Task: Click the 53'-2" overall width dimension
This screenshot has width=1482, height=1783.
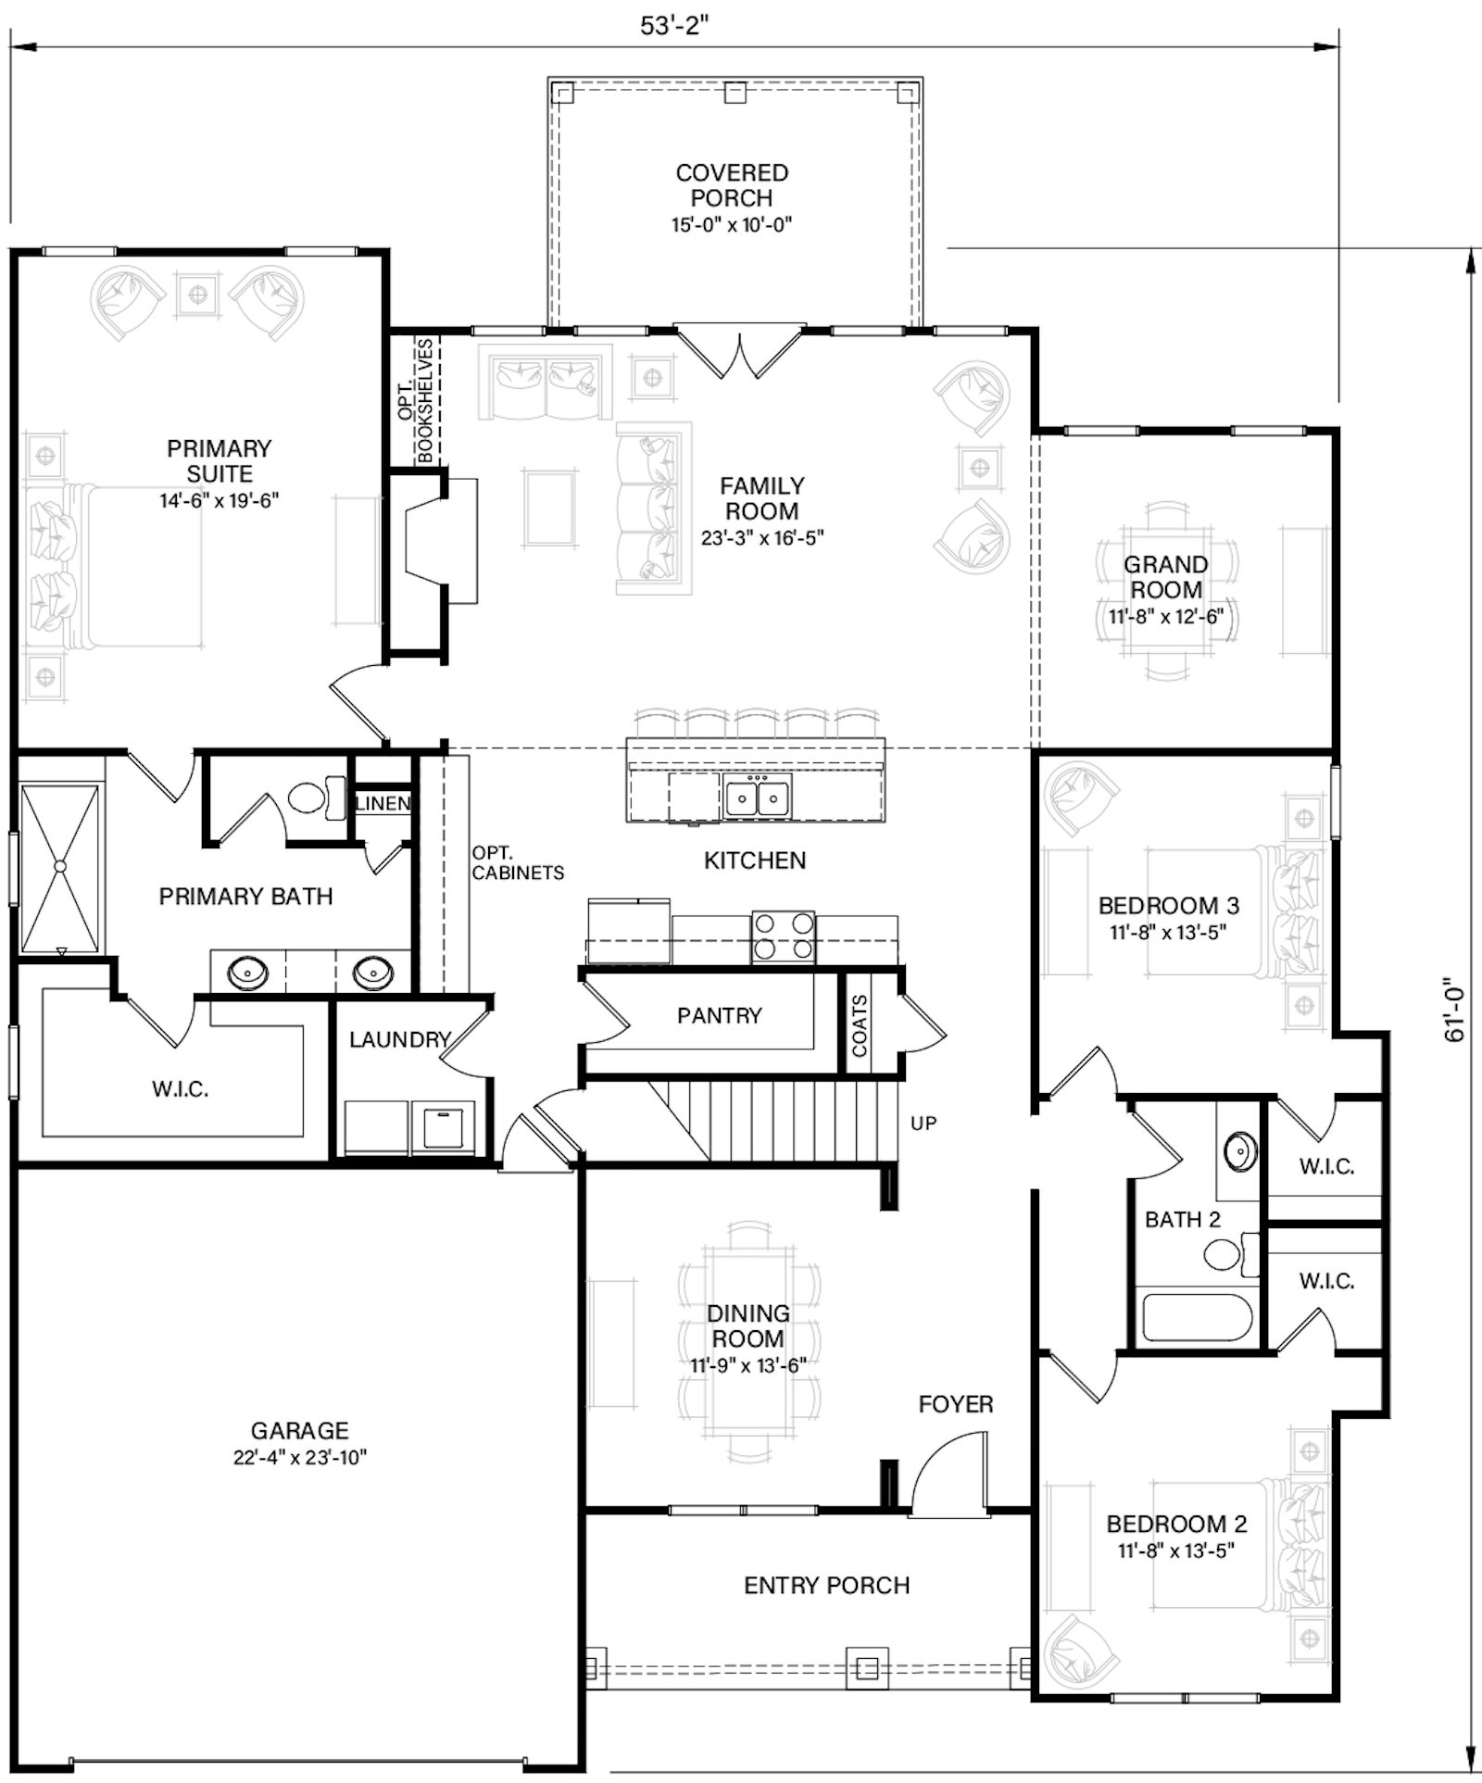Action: tap(674, 26)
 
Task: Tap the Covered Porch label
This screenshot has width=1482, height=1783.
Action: tap(732, 185)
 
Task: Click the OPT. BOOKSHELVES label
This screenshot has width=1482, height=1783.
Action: tap(416, 400)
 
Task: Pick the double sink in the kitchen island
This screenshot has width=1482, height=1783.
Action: tap(758, 797)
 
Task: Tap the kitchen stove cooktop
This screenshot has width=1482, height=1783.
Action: tap(784, 936)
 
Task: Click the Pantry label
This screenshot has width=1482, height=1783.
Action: tap(719, 1016)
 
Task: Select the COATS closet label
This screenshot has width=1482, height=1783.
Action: tap(860, 1025)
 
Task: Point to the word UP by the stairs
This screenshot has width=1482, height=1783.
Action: tap(923, 1124)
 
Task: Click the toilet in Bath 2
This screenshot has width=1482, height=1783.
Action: tap(1231, 1254)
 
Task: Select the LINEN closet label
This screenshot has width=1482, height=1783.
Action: tap(383, 804)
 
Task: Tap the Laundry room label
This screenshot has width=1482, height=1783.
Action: tap(399, 1040)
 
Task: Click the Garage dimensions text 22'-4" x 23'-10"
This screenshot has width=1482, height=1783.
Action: tap(300, 1458)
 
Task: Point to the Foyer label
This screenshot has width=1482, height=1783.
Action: tap(956, 1404)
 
